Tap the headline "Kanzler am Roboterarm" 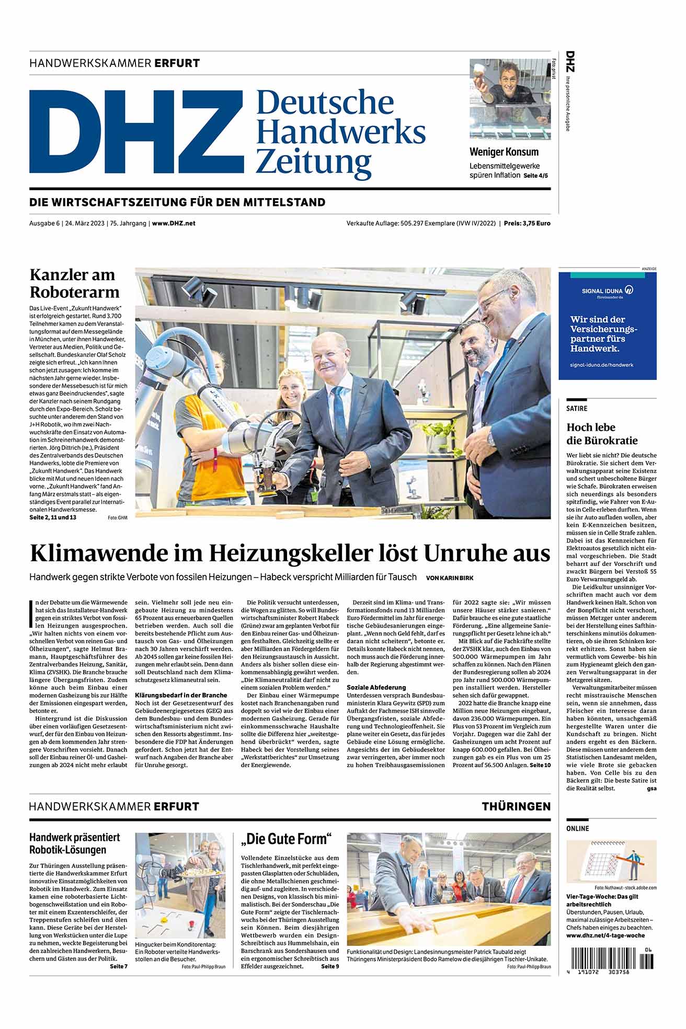pos(74,283)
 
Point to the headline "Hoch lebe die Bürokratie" pos(602,434)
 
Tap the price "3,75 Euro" pos(533,223)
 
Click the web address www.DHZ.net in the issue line pos(174,223)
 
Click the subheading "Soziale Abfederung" pos(376,687)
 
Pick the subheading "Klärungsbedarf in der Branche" pos(181,695)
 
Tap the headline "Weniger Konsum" pos(504,152)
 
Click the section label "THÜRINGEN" pos(516,806)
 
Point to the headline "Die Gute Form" pos(287,839)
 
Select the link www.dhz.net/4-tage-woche pos(605,935)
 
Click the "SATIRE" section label pos(577,408)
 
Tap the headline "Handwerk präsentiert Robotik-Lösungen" pos(75,843)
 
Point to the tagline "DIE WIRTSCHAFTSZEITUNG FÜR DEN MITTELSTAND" pos(177,202)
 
